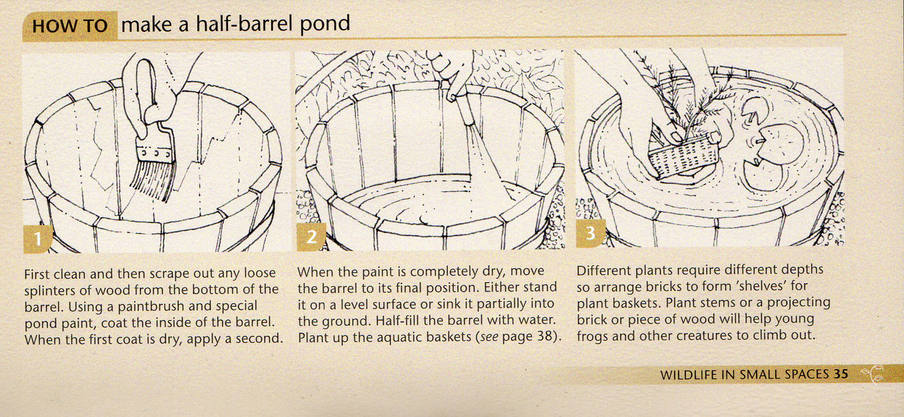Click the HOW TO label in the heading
pyautogui.click(x=70, y=26)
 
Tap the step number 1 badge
pyautogui.click(x=37, y=239)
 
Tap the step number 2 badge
pyautogui.click(x=311, y=237)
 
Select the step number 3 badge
pyautogui.click(x=590, y=232)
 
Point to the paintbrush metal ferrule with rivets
pyautogui.click(x=154, y=152)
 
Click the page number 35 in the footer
pyautogui.click(x=841, y=374)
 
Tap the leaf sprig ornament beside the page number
pyautogui.click(x=873, y=374)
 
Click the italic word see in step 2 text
pyautogui.click(x=489, y=336)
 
